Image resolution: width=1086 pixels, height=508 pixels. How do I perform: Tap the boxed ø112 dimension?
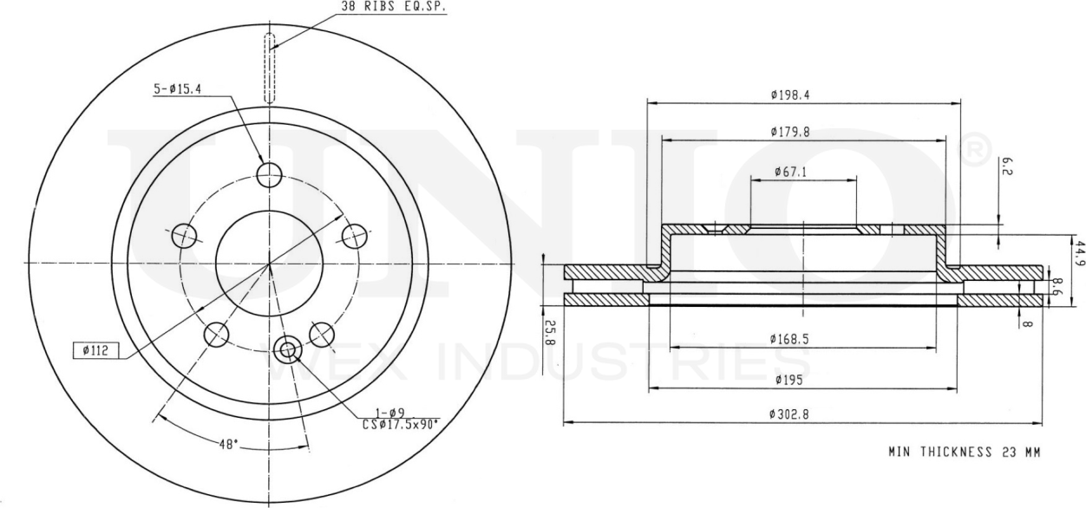pyautogui.click(x=95, y=351)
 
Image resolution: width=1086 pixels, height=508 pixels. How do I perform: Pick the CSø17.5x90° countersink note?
pyautogui.click(x=400, y=425)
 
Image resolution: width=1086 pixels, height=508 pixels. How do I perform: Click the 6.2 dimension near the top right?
pyautogui.click(x=1005, y=165)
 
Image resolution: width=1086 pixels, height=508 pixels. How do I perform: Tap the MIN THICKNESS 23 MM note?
pyautogui.click(x=964, y=452)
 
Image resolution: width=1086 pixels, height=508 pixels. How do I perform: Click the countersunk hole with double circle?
pyautogui.click(x=286, y=350)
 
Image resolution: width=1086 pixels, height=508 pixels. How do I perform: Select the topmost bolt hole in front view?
pyautogui.click(x=270, y=173)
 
